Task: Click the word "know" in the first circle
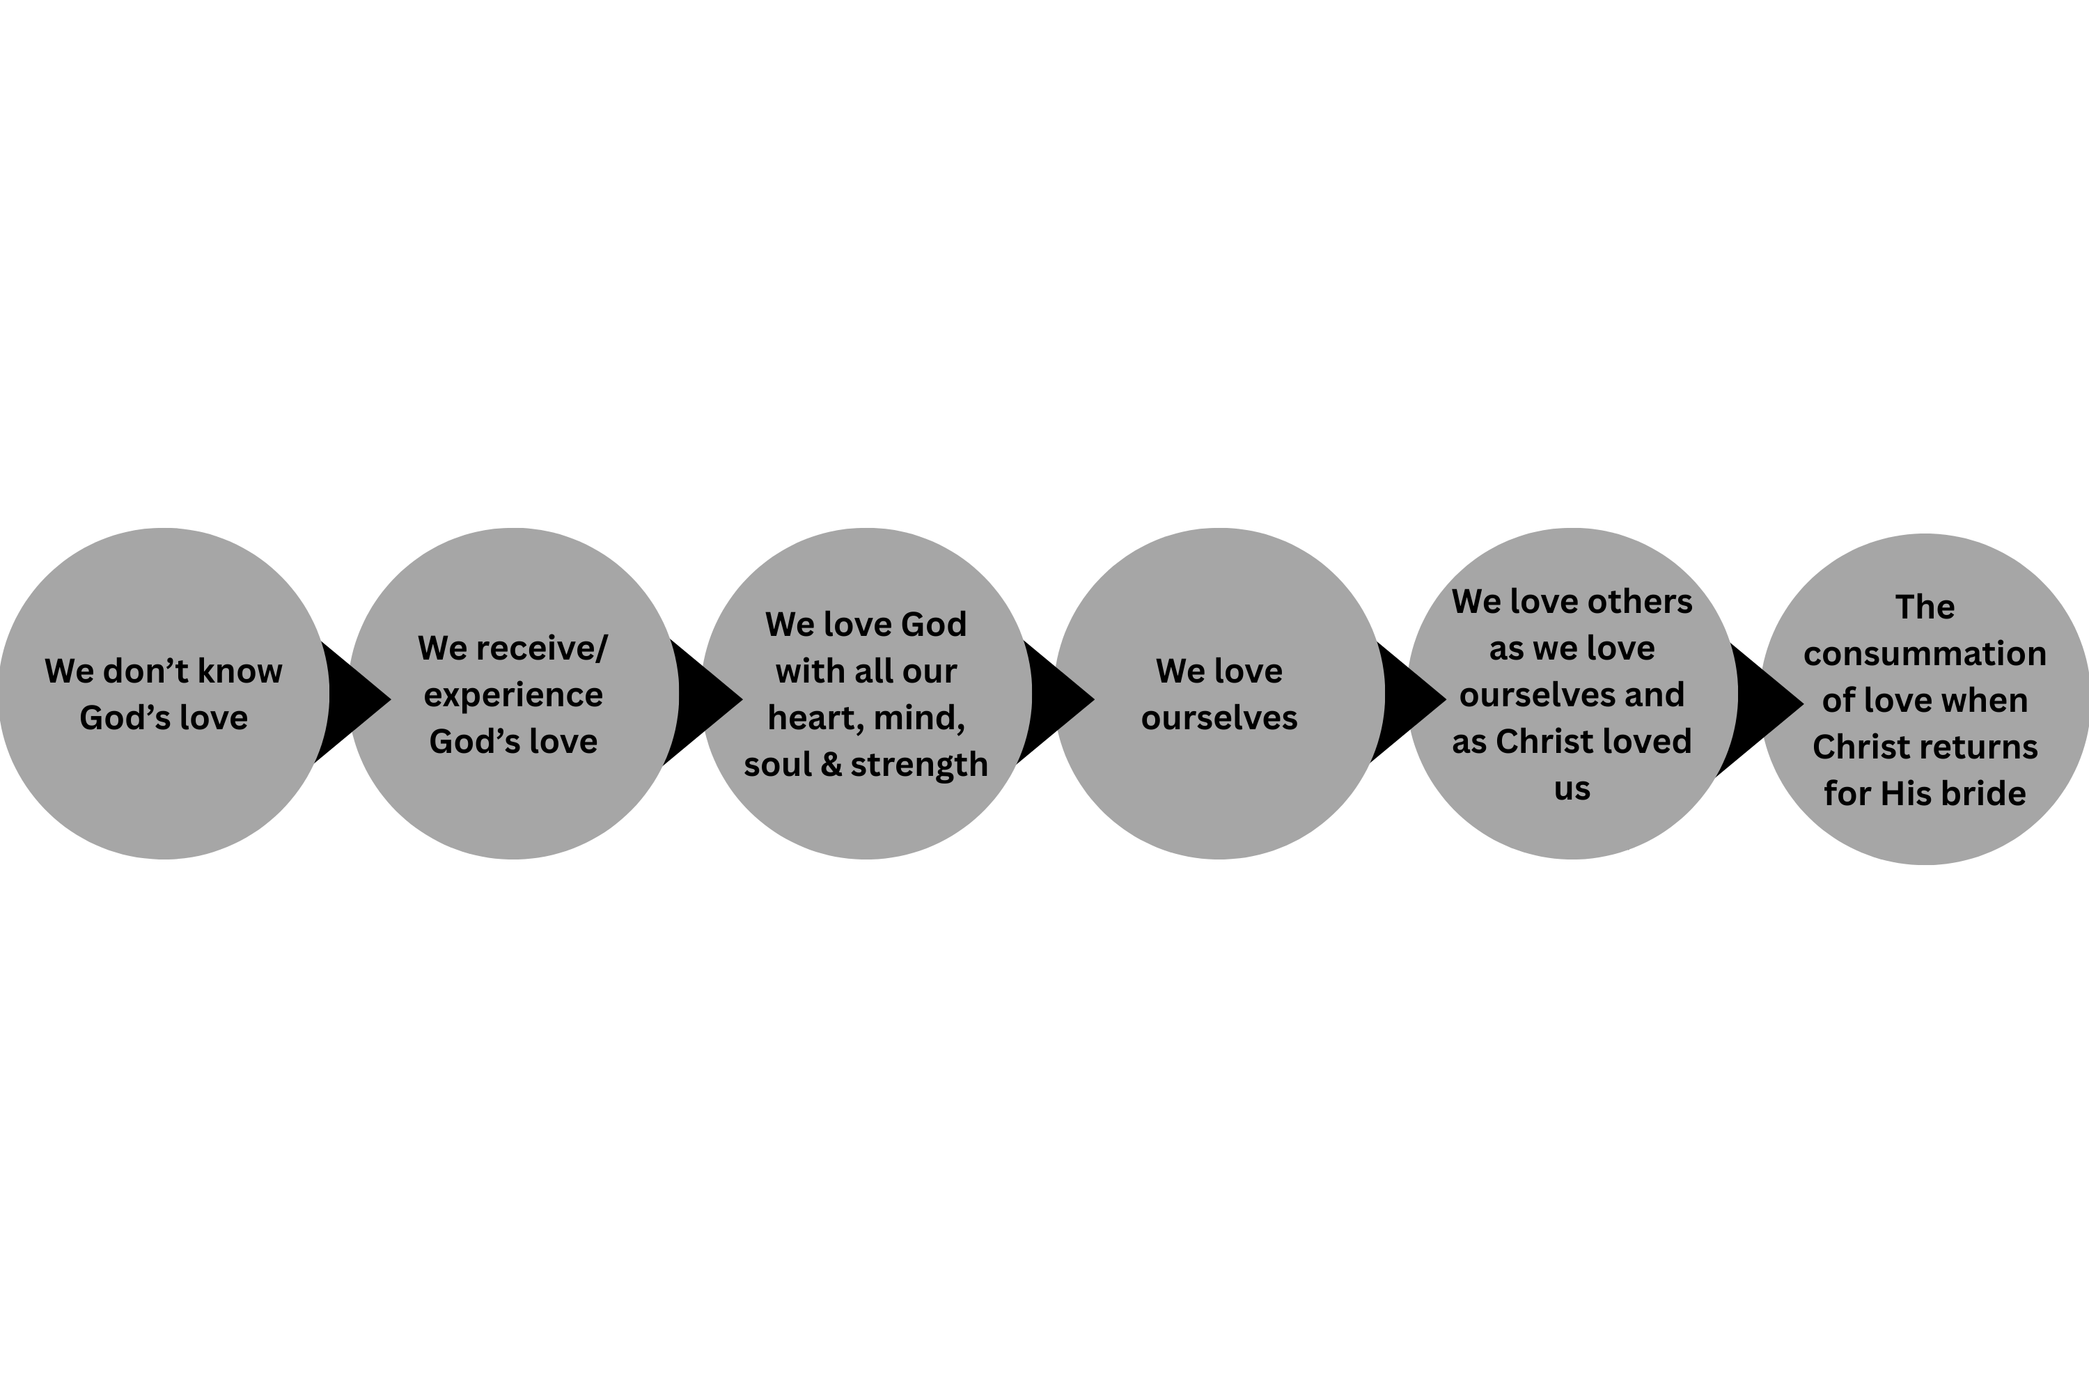(240, 671)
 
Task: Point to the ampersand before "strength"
(831, 765)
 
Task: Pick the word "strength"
(919, 765)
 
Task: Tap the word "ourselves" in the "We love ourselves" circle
(1219, 719)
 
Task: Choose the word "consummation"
(1925, 655)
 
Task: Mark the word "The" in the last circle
(1925, 607)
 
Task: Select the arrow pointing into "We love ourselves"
(1057, 701)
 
